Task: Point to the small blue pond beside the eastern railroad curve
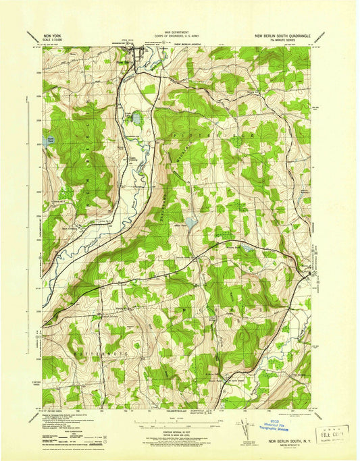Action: click(x=245, y=249)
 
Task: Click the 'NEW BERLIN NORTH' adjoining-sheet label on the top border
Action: click(x=190, y=45)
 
